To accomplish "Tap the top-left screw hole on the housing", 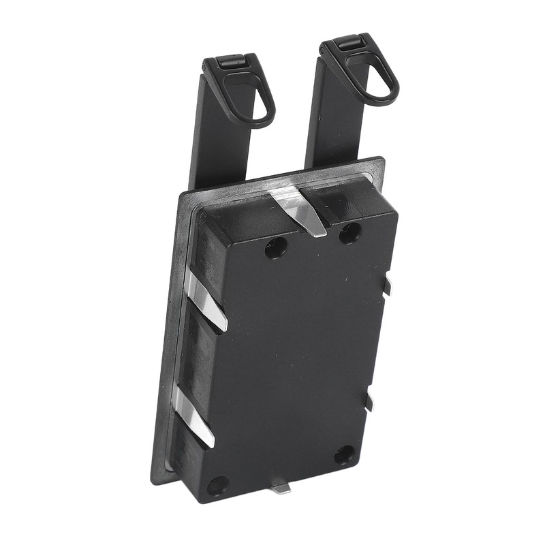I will click(275, 248).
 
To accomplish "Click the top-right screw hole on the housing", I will click(349, 233).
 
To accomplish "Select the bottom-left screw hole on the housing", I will click(217, 485).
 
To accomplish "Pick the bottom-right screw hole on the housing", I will click(344, 454).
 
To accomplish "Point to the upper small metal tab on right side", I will click(388, 286).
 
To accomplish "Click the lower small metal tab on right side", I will click(369, 402).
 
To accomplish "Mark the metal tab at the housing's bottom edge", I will click(279, 487).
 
